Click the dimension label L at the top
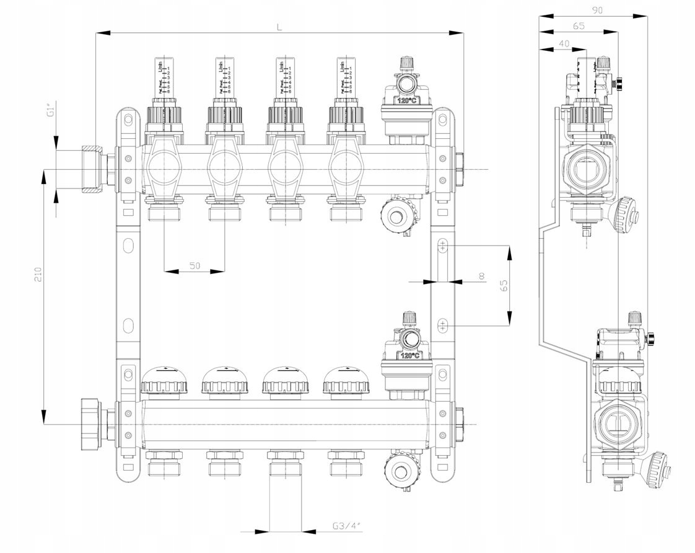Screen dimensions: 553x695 point(279,27)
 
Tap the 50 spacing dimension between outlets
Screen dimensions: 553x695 point(195,265)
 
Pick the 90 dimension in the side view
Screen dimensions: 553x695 point(597,10)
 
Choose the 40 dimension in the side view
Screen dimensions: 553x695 point(564,43)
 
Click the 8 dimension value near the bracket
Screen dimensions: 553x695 point(482,276)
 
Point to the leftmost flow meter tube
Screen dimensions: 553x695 point(164,77)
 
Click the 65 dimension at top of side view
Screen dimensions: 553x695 point(579,26)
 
